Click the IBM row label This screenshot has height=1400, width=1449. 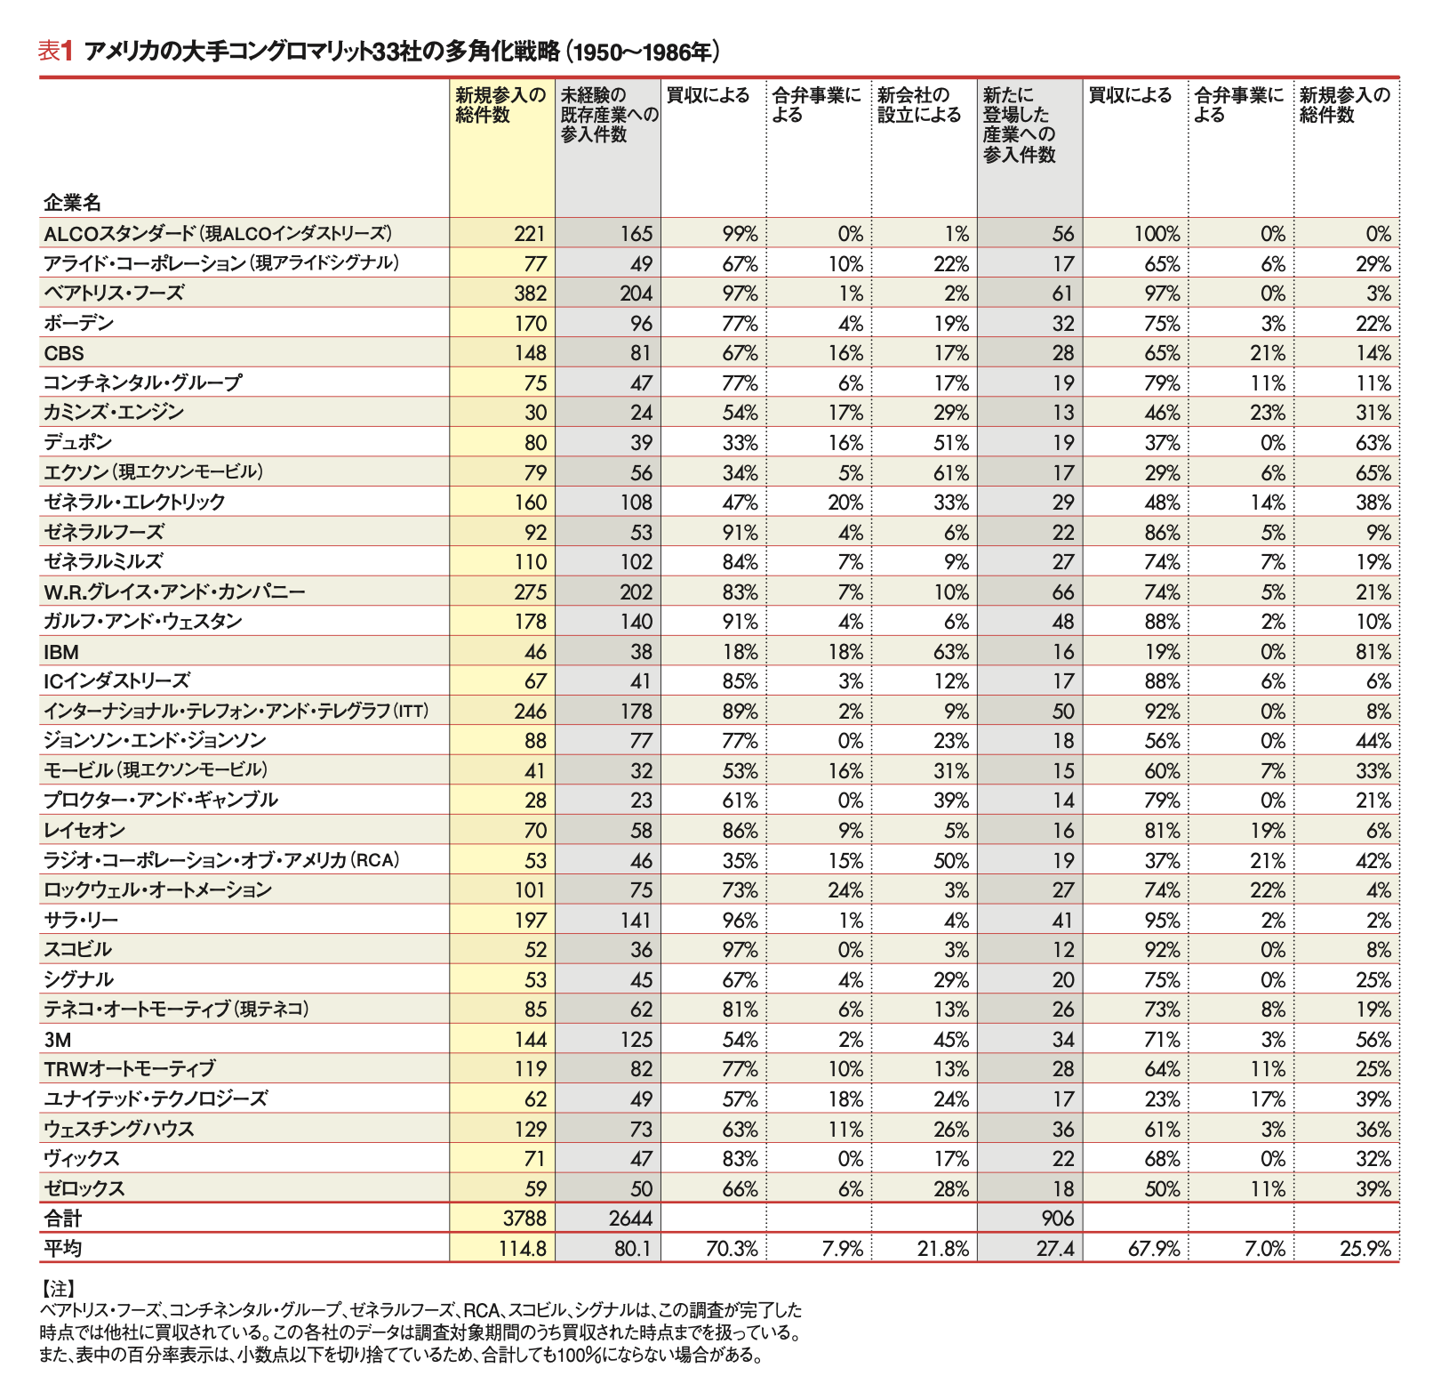tap(61, 652)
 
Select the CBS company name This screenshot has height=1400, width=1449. tap(64, 353)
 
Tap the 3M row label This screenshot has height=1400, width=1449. tap(56, 1040)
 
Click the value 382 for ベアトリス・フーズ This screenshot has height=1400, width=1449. tap(530, 294)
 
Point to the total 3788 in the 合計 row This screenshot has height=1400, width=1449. tap(524, 1219)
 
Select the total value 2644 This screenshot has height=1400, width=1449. tap(630, 1219)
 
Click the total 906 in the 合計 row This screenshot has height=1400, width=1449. tap(1057, 1219)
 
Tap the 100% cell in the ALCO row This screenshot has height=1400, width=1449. tap(1157, 234)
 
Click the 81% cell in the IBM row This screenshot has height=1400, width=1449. tap(1373, 652)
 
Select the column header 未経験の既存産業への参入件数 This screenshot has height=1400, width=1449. tap(609, 115)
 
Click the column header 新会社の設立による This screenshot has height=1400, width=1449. tap(919, 105)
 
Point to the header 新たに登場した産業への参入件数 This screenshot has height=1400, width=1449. tap(1020, 125)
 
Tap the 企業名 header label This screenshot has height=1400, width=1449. tap(72, 202)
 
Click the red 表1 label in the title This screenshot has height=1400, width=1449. tap(54, 52)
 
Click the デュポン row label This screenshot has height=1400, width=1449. tap(78, 443)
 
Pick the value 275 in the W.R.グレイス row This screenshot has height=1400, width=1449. tap(530, 592)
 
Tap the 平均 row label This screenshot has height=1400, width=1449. tap(62, 1249)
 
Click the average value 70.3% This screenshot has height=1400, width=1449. tap(732, 1249)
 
